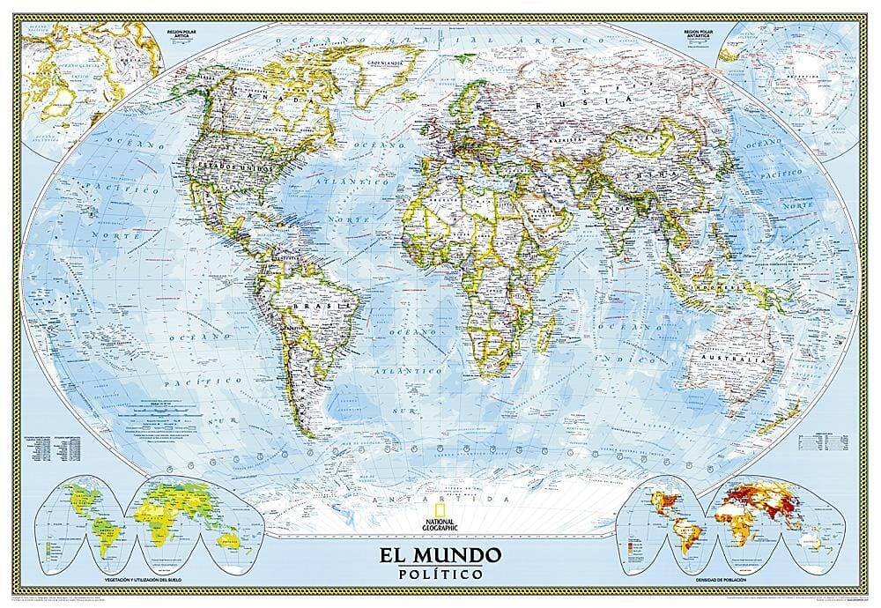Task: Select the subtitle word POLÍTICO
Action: click(440, 575)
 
